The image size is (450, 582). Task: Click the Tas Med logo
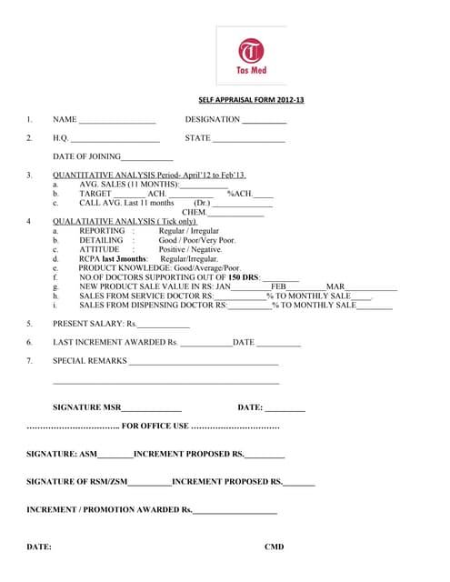(251, 55)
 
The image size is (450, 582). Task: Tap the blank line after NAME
(117, 121)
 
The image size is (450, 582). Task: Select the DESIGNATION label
(212, 119)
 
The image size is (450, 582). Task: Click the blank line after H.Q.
(115, 140)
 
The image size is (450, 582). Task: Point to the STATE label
(197, 138)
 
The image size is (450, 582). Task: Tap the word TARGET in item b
(95, 194)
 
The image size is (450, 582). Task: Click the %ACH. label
(240, 194)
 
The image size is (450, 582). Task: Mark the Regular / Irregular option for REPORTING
(188, 231)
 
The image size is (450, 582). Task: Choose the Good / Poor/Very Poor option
(196, 240)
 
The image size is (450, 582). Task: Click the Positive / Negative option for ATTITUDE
(190, 249)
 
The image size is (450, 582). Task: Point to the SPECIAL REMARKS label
(90, 361)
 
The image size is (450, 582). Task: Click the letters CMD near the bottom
(274, 547)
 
